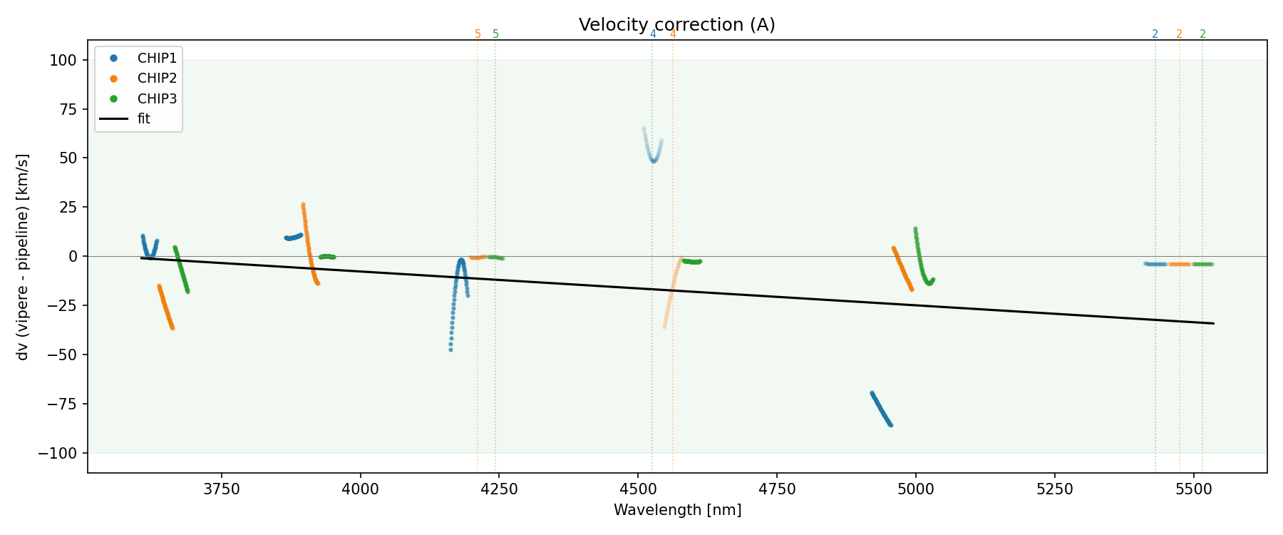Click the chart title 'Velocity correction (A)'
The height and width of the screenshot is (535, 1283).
click(676, 25)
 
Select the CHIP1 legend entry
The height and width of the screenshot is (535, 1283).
click(157, 58)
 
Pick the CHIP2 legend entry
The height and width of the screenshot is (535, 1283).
click(157, 78)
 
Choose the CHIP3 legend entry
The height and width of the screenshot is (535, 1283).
click(157, 98)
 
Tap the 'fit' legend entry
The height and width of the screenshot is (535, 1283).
click(143, 119)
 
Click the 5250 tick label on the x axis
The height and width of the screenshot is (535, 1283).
click(1054, 489)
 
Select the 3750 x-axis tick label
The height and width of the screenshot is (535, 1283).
click(222, 489)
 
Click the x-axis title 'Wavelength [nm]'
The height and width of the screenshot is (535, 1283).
click(677, 510)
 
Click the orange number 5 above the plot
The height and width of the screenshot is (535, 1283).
click(478, 34)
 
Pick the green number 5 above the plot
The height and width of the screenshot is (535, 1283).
click(496, 34)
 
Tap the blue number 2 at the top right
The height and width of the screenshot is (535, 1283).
click(1155, 34)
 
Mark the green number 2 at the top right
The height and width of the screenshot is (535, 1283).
click(1202, 34)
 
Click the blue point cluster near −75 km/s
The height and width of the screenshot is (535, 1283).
click(881, 409)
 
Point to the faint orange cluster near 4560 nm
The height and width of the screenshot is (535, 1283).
click(671, 292)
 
